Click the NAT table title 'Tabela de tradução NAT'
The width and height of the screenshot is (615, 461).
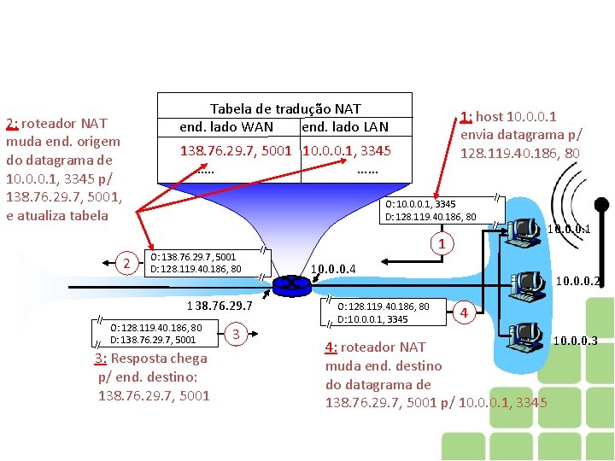(285, 108)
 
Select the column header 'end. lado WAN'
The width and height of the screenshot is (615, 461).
(226, 127)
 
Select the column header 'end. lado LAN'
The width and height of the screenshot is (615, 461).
(345, 127)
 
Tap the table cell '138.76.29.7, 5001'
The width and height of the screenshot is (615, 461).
(236, 150)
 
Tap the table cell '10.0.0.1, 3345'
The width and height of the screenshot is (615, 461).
(347, 150)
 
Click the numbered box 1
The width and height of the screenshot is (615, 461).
(442, 245)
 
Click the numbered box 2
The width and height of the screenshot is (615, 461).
(126, 263)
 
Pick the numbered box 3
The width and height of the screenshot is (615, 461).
(237, 333)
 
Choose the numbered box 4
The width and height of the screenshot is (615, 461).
(464, 312)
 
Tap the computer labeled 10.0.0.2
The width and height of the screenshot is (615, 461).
(526, 283)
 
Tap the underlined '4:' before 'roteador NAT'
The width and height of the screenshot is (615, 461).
(331, 347)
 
